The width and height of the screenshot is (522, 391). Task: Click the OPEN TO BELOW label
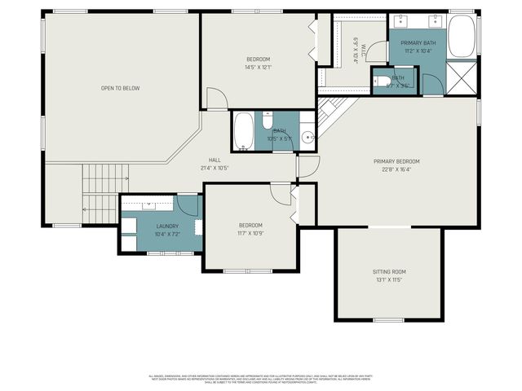pyautogui.click(x=120, y=88)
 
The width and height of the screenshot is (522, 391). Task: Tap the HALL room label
pyautogui.click(x=215, y=160)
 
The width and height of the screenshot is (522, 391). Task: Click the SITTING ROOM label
pyautogui.click(x=389, y=271)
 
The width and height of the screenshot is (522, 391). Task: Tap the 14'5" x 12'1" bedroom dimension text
pyautogui.click(x=259, y=67)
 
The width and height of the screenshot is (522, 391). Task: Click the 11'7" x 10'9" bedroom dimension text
pyautogui.click(x=250, y=234)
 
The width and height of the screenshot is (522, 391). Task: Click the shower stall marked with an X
pyautogui.click(x=462, y=81)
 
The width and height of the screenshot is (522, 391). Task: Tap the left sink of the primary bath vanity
pyautogui.click(x=405, y=20)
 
